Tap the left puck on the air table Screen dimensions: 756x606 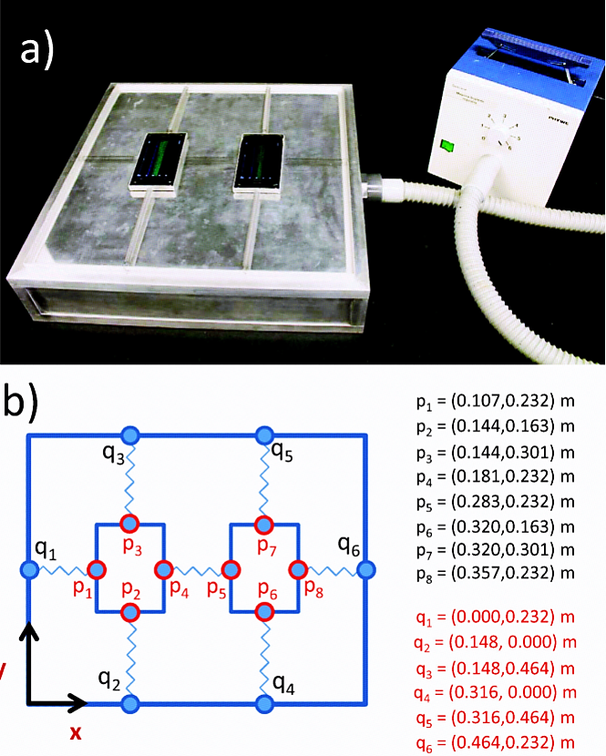159,165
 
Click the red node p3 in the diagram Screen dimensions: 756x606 129,524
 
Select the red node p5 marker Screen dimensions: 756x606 231,570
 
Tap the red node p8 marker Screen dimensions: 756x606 298,570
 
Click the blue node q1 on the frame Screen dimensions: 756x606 28,570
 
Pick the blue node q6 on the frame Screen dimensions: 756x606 365,570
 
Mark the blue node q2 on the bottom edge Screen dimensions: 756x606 129,703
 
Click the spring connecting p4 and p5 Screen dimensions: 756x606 198,570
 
